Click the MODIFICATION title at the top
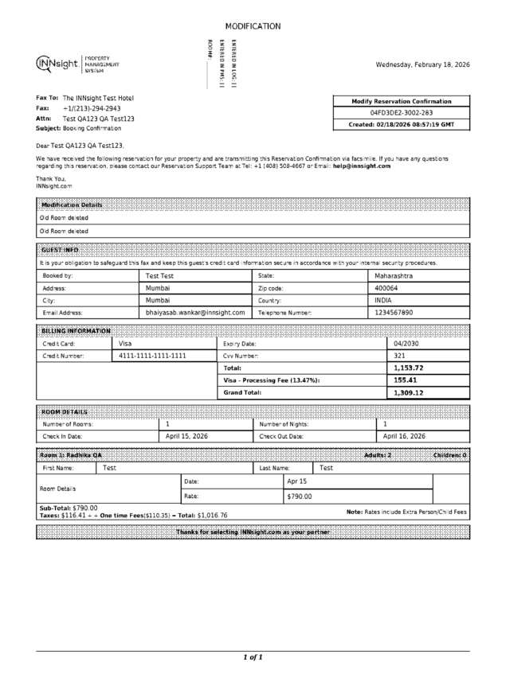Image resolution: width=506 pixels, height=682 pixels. click(x=253, y=26)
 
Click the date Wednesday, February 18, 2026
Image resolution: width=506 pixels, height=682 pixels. click(x=422, y=64)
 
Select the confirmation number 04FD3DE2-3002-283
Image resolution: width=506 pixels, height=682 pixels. click(x=402, y=113)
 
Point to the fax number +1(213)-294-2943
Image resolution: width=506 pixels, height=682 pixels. click(x=92, y=108)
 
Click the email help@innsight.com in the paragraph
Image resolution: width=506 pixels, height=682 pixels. click(x=362, y=166)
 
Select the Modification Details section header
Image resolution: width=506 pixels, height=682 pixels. click(x=72, y=205)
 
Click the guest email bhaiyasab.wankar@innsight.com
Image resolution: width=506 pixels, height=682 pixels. click(x=195, y=313)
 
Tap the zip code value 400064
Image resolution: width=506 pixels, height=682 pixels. click(x=386, y=288)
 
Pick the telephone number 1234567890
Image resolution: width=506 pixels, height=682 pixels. click(x=394, y=313)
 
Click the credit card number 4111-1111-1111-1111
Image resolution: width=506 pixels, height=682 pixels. click(x=152, y=356)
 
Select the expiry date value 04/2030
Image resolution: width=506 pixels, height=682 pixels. click(x=406, y=343)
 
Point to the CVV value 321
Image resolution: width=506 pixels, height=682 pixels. click(x=400, y=356)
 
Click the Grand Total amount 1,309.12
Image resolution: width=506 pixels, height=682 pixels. click(x=408, y=392)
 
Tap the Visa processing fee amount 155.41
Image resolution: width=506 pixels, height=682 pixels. click(x=406, y=380)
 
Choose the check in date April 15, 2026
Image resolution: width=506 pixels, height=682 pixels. click(x=186, y=436)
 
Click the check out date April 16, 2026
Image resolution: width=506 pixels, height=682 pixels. click(x=404, y=436)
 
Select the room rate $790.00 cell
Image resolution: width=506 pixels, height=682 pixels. click(x=300, y=496)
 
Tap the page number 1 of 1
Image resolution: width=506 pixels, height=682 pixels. click(x=253, y=657)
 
